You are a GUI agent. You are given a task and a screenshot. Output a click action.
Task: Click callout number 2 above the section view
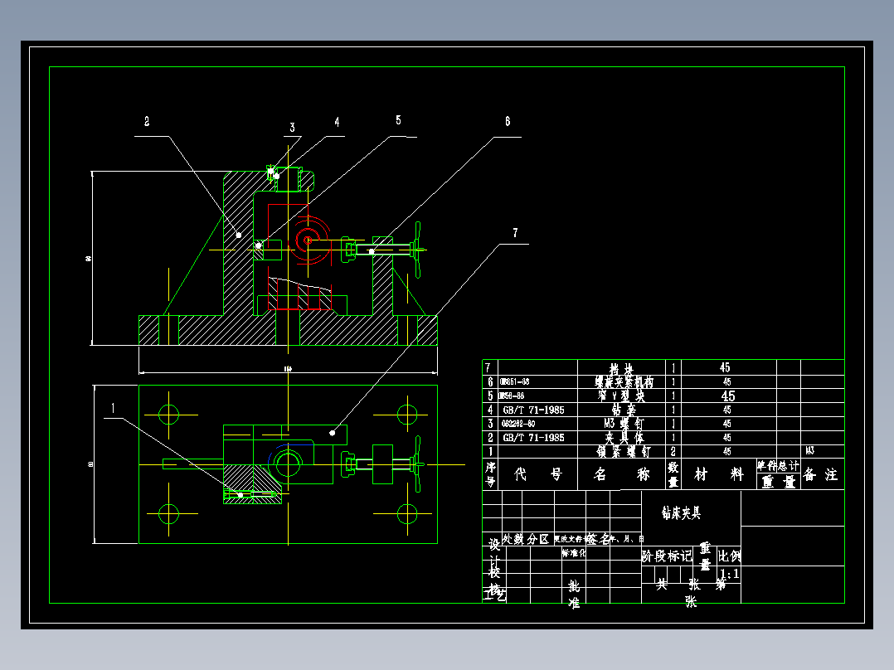pos(147,122)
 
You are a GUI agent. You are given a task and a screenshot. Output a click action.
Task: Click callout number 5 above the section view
pos(398,120)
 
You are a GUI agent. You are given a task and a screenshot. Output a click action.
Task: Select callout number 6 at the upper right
pos(508,120)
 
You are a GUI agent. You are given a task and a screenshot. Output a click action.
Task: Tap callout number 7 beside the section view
pos(515,233)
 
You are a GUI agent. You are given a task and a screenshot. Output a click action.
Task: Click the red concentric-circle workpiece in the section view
pos(308,240)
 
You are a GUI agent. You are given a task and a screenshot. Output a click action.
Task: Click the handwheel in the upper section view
pos(419,248)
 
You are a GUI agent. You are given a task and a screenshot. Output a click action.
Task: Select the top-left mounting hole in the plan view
pos(169,414)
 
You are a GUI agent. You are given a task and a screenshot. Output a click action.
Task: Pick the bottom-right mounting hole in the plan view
pos(406,513)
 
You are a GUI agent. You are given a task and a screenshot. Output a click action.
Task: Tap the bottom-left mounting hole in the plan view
pos(169,513)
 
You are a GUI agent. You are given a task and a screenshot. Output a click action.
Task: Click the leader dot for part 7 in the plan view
pos(333,431)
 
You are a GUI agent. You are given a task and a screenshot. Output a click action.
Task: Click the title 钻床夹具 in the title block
pos(680,513)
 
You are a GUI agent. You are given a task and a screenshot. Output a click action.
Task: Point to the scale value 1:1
pos(730,574)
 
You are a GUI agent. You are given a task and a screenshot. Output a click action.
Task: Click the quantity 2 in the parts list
pos(673,451)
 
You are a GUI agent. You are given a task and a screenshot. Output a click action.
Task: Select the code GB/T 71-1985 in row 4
pos(533,409)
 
